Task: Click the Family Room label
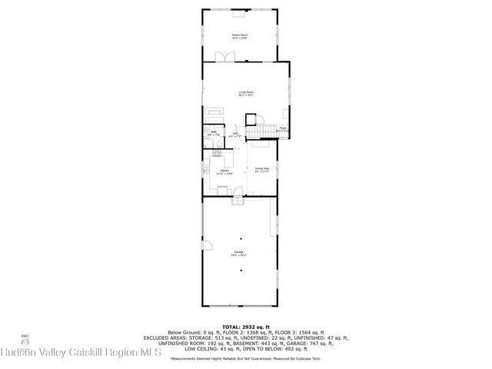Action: pyautogui.click(x=240, y=36)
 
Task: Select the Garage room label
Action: pyautogui.click(x=240, y=253)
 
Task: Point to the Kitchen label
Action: pyautogui.click(x=224, y=172)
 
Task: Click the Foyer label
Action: pyautogui.click(x=283, y=129)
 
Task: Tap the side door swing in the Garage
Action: pyautogui.click(x=206, y=246)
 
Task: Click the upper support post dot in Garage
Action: pyautogui.click(x=240, y=238)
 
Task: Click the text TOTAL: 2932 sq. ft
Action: pyautogui.click(x=245, y=326)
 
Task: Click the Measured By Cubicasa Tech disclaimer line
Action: pyautogui.click(x=245, y=358)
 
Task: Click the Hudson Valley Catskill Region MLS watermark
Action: pyautogui.click(x=80, y=353)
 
